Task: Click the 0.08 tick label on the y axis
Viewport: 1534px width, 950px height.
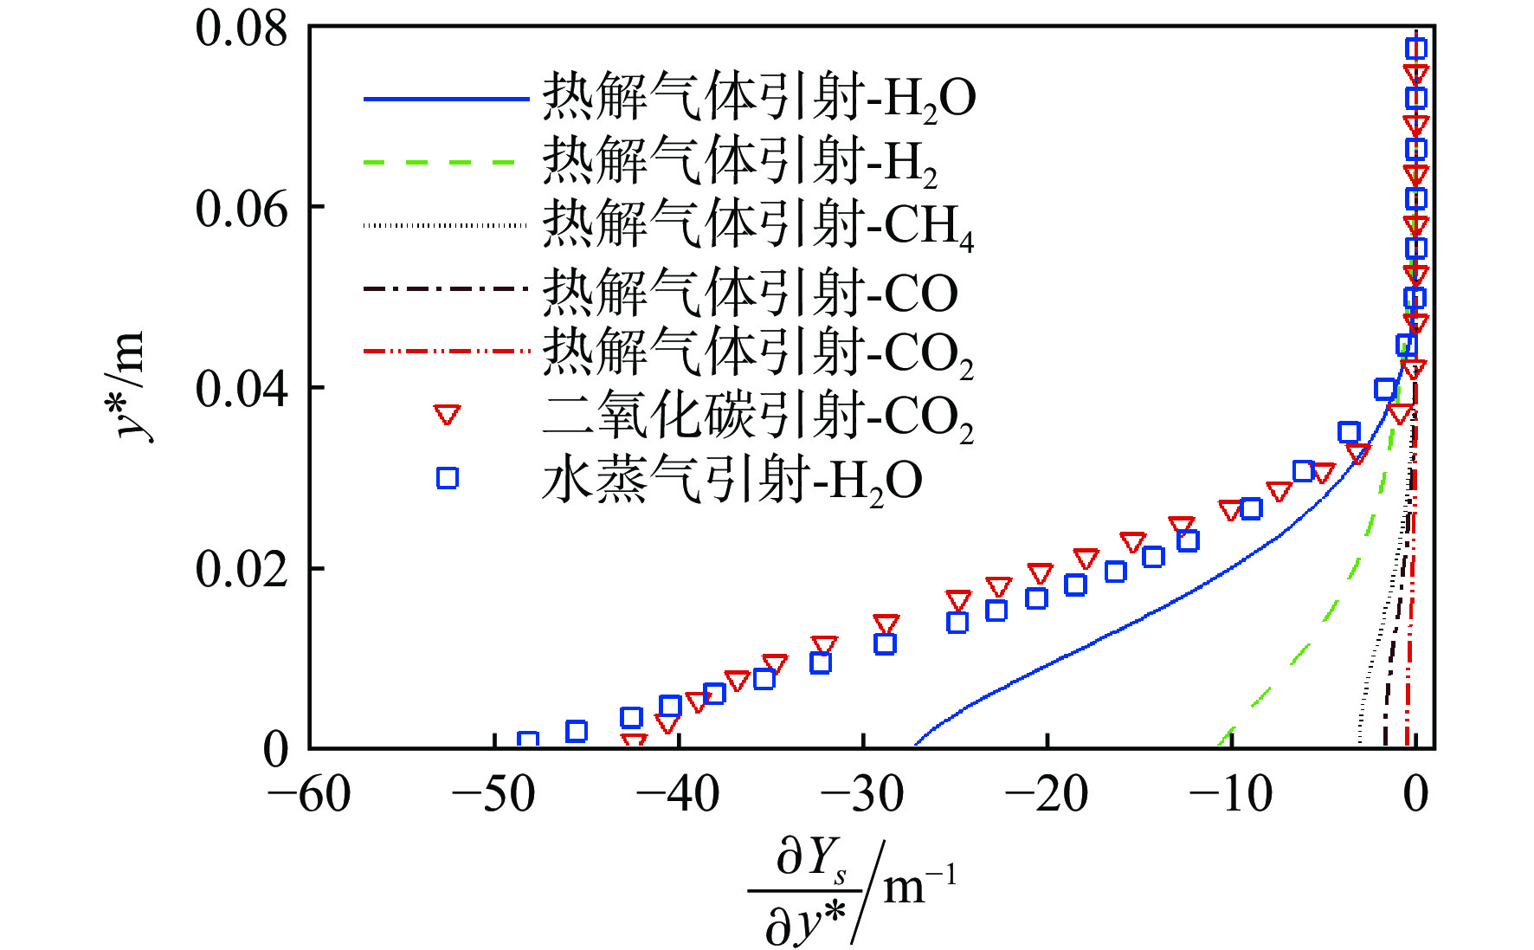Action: pyautogui.click(x=241, y=29)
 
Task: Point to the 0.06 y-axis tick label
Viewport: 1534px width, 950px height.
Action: pyautogui.click(x=241, y=209)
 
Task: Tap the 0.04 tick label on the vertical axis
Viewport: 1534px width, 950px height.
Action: pyautogui.click(x=241, y=389)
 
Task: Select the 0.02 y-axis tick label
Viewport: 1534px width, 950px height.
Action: pyautogui.click(x=241, y=569)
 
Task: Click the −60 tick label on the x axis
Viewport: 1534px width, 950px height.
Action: pyautogui.click(x=309, y=793)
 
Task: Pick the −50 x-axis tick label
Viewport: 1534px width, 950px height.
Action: pyautogui.click(x=493, y=793)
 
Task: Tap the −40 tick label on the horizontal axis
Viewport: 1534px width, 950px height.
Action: pyautogui.click(x=678, y=793)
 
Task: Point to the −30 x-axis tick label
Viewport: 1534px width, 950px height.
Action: pyautogui.click(x=862, y=793)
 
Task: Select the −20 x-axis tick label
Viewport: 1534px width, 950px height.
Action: pyautogui.click(x=1047, y=793)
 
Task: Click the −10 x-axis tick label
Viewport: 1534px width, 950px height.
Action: pyautogui.click(x=1231, y=793)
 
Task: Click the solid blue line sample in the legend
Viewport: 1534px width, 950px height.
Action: pyautogui.click(x=446, y=99)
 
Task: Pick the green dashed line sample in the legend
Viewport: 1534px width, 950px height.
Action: pyautogui.click(x=446, y=162)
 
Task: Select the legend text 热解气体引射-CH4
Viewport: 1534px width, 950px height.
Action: pyautogui.click(x=757, y=226)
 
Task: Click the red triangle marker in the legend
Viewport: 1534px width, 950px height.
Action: pyautogui.click(x=447, y=415)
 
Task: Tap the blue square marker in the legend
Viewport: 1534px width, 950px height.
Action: pyautogui.click(x=447, y=478)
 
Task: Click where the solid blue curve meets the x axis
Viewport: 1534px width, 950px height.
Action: pyautogui.click(x=915, y=746)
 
